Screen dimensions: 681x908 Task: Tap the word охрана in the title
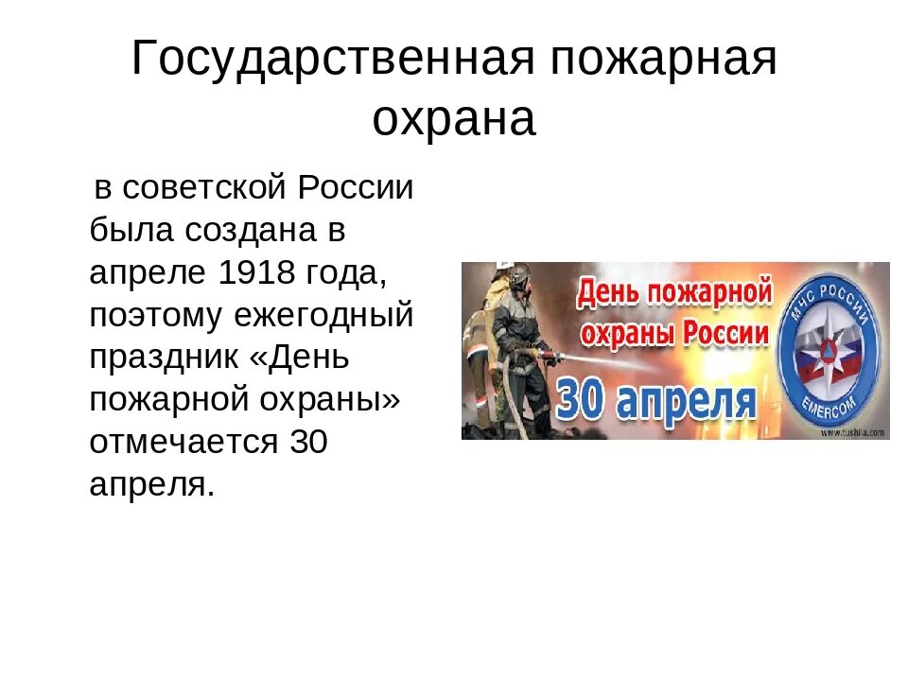[x=454, y=119]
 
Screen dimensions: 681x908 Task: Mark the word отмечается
[x=185, y=442]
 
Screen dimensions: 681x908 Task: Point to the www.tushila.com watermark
[x=852, y=432]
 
